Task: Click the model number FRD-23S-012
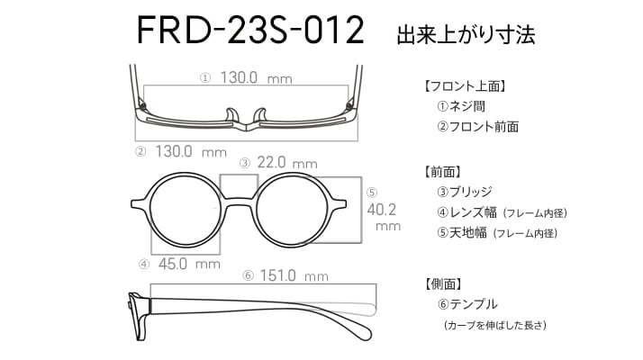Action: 250,30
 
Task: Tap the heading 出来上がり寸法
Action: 466,34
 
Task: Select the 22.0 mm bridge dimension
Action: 287,163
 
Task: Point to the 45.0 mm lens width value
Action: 189,264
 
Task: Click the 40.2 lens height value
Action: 382,210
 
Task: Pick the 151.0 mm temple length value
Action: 294,275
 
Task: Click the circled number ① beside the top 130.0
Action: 205,78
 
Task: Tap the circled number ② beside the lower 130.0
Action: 140,152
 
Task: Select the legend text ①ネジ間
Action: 461,106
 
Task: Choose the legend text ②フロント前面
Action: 477,127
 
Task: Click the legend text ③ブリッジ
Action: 464,192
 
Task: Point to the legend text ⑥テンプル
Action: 467,304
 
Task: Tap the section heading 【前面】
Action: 443,171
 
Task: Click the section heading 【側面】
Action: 443,283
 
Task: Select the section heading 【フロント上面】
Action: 466,86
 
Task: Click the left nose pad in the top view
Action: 232,115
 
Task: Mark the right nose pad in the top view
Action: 260,115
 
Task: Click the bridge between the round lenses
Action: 239,203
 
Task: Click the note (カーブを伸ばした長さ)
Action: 494,325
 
